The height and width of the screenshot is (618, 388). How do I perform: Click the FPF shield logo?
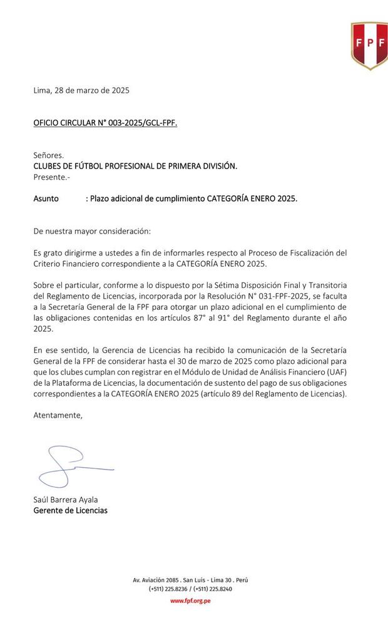(369, 44)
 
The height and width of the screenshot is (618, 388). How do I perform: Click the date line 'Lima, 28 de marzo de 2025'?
(81, 90)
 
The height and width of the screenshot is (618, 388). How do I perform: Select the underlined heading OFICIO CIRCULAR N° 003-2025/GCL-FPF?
(105, 123)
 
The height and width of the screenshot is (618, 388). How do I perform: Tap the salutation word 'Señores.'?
(49, 155)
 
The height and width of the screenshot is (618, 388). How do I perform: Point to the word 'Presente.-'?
(52, 177)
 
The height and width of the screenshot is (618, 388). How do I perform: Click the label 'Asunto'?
(46, 198)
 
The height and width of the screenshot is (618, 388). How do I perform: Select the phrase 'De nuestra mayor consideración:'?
(92, 231)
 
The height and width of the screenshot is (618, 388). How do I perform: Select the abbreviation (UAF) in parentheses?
(334, 372)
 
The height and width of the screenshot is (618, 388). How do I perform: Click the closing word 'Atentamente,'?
(58, 415)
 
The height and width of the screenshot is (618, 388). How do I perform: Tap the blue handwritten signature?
(66, 466)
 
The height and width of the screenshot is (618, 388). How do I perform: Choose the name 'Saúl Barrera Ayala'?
(66, 500)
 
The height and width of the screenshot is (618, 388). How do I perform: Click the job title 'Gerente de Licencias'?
(70, 510)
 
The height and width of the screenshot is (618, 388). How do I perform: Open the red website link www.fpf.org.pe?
(190, 601)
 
